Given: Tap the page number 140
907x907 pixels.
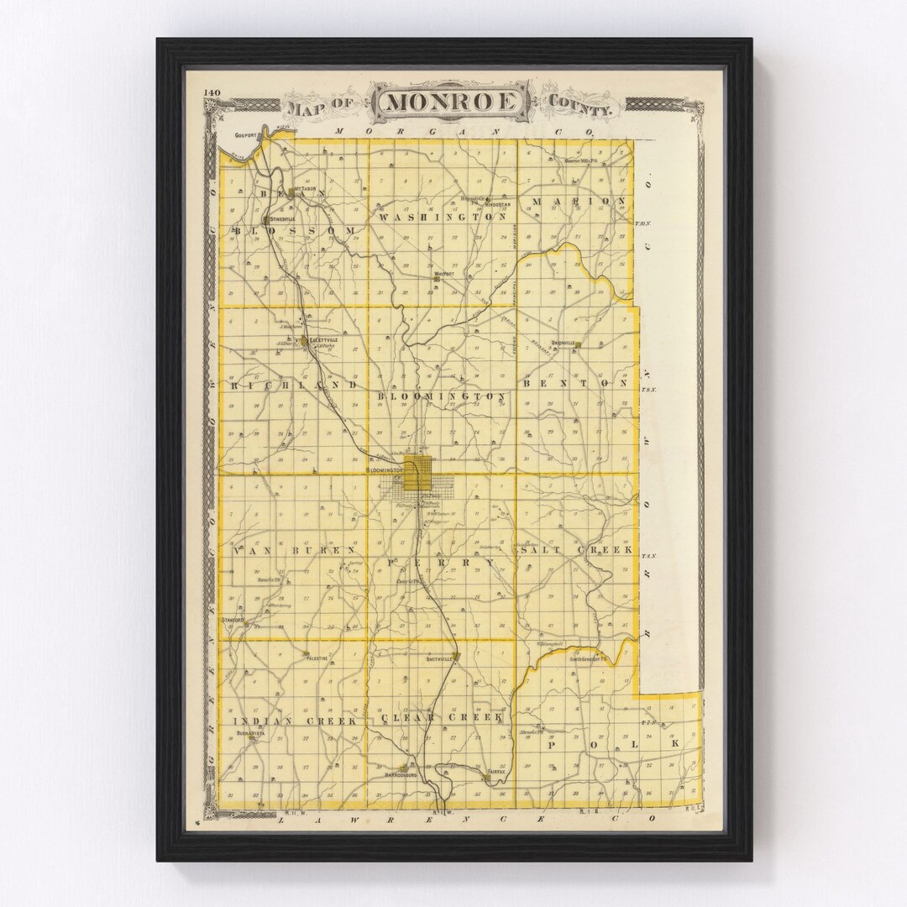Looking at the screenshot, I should click(211, 92).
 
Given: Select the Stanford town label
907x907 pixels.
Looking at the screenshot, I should click(233, 620).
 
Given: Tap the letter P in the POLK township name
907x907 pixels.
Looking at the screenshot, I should click(553, 745).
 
